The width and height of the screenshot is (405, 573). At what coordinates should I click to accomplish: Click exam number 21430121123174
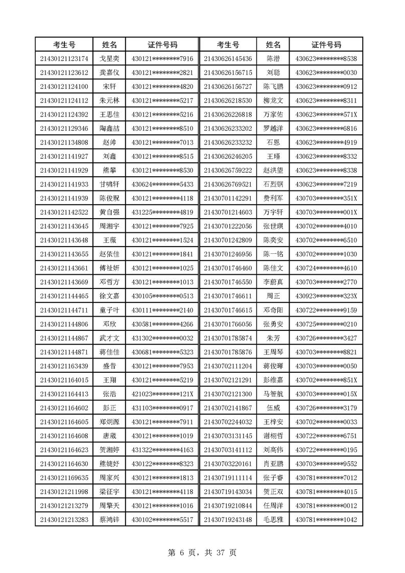pyautogui.click(x=64, y=58)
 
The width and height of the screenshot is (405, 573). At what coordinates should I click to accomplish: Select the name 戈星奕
pyautogui.click(x=109, y=58)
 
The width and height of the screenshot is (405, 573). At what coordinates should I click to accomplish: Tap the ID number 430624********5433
pyautogui.click(x=162, y=183)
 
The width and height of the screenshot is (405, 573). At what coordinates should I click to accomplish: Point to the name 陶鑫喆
pyautogui.click(x=109, y=128)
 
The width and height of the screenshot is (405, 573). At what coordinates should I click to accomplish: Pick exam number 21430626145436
pyautogui.click(x=228, y=58)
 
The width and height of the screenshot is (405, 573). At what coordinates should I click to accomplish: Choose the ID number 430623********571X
pyautogui.click(x=326, y=114)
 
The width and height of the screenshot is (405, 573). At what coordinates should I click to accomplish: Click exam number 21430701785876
pyautogui.click(x=228, y=351)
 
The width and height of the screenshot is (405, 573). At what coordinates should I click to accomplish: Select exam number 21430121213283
pyautogui.click(x=64, y=519)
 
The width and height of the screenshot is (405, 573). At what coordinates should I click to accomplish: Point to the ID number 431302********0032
pyautogui.click(x=162, y=338)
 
